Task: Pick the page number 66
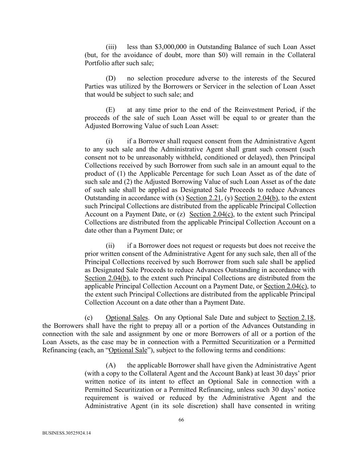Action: [181, 420]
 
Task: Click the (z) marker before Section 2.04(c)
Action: [181, 214]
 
